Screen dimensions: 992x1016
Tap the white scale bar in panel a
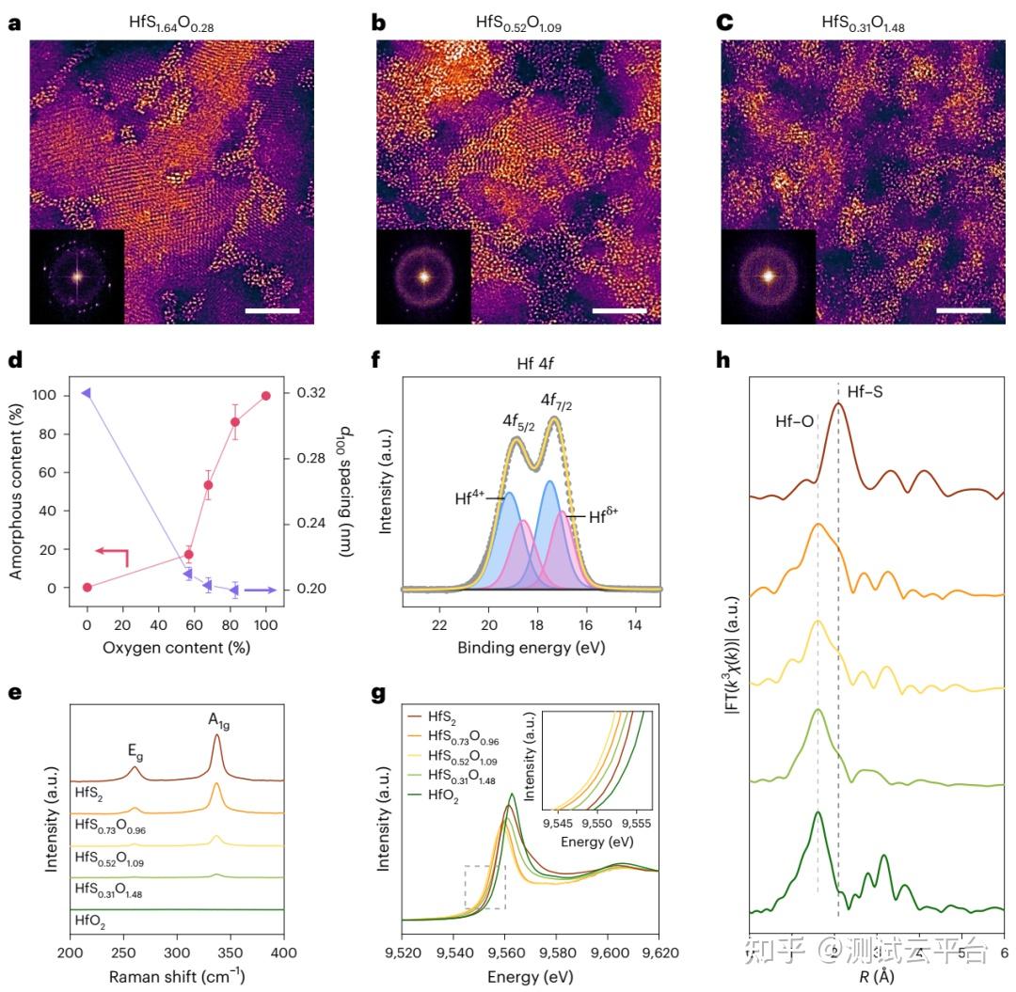click(x=273, y=309)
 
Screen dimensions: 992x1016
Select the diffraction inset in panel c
click(x=768, y=276)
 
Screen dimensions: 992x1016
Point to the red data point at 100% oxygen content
click(x=266, y=396)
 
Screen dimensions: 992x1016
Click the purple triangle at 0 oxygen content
click(x=87, y=392)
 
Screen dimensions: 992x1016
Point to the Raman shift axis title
click(x=177, y=976)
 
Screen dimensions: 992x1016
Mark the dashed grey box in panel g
click(x=485, y=887)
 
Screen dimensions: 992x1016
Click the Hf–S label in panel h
click(x=866, y=389)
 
